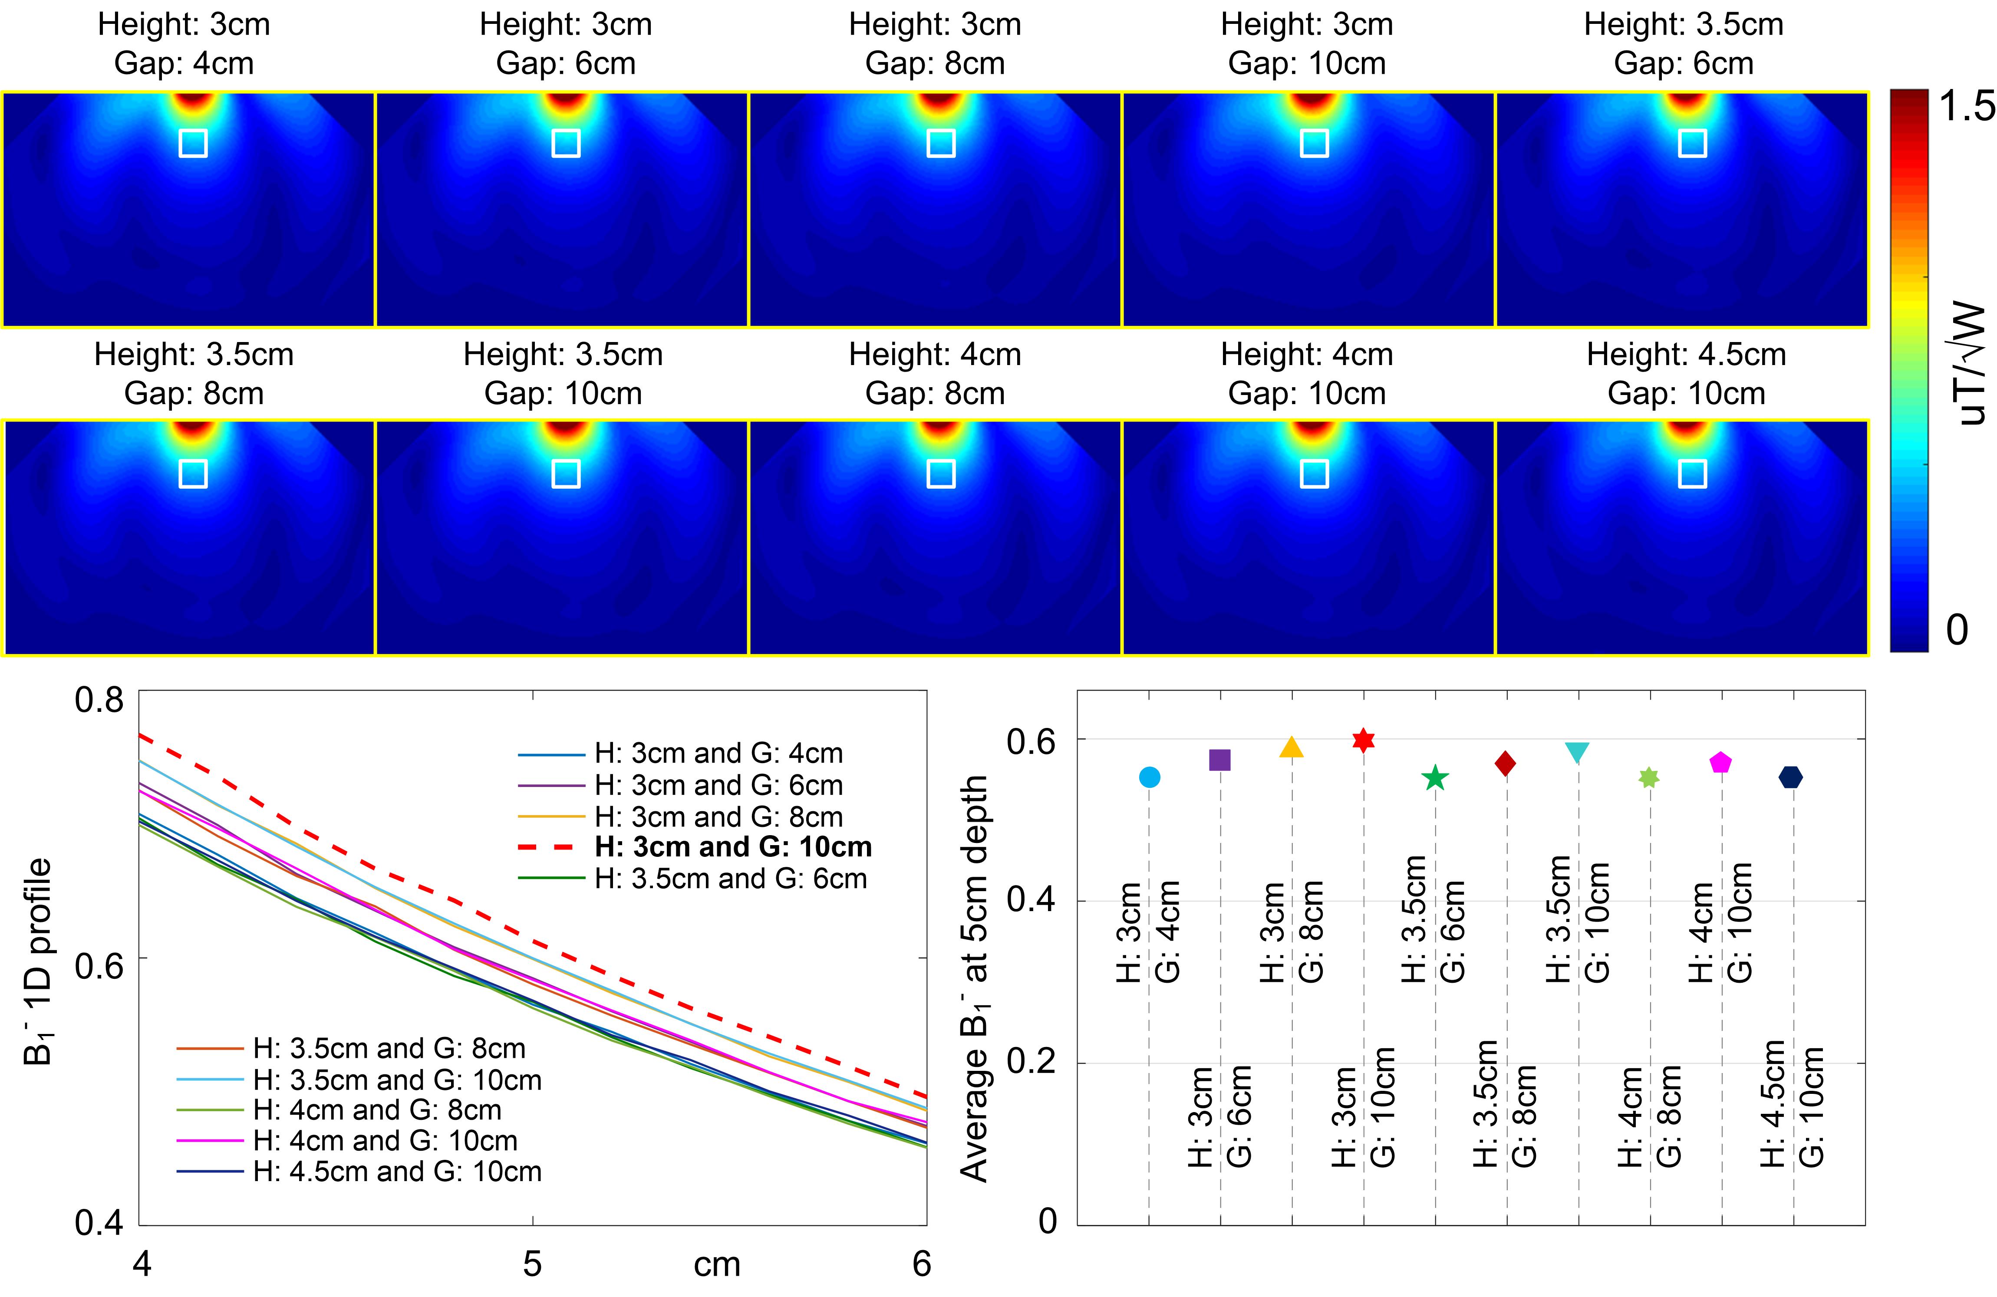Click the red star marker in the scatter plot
tap(1364, 740)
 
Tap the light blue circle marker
tap(1150, 778)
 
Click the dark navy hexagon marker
tap(1791, 778)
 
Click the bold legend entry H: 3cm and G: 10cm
tap(732, 847)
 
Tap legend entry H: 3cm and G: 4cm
tap(718, 754)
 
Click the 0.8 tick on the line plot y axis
tap(99, 700)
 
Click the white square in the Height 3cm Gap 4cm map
tap(193, 143)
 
